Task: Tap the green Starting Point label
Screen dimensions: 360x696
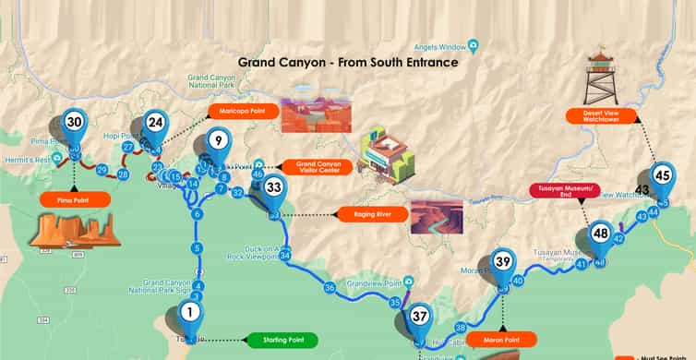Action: tap(282, 341)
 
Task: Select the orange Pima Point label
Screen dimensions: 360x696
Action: tap(76, 199)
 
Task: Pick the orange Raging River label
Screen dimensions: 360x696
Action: tap(366, 215)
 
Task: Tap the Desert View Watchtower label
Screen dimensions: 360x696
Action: tap(605, 116)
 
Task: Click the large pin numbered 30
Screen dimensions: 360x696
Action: tap(74, 123)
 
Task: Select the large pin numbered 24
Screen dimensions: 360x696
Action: tap(155, 123)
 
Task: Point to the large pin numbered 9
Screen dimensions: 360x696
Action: tap(217, 141)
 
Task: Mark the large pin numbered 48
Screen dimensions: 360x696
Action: tap(601, 234)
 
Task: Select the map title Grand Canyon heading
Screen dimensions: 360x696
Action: tap(348, 63)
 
